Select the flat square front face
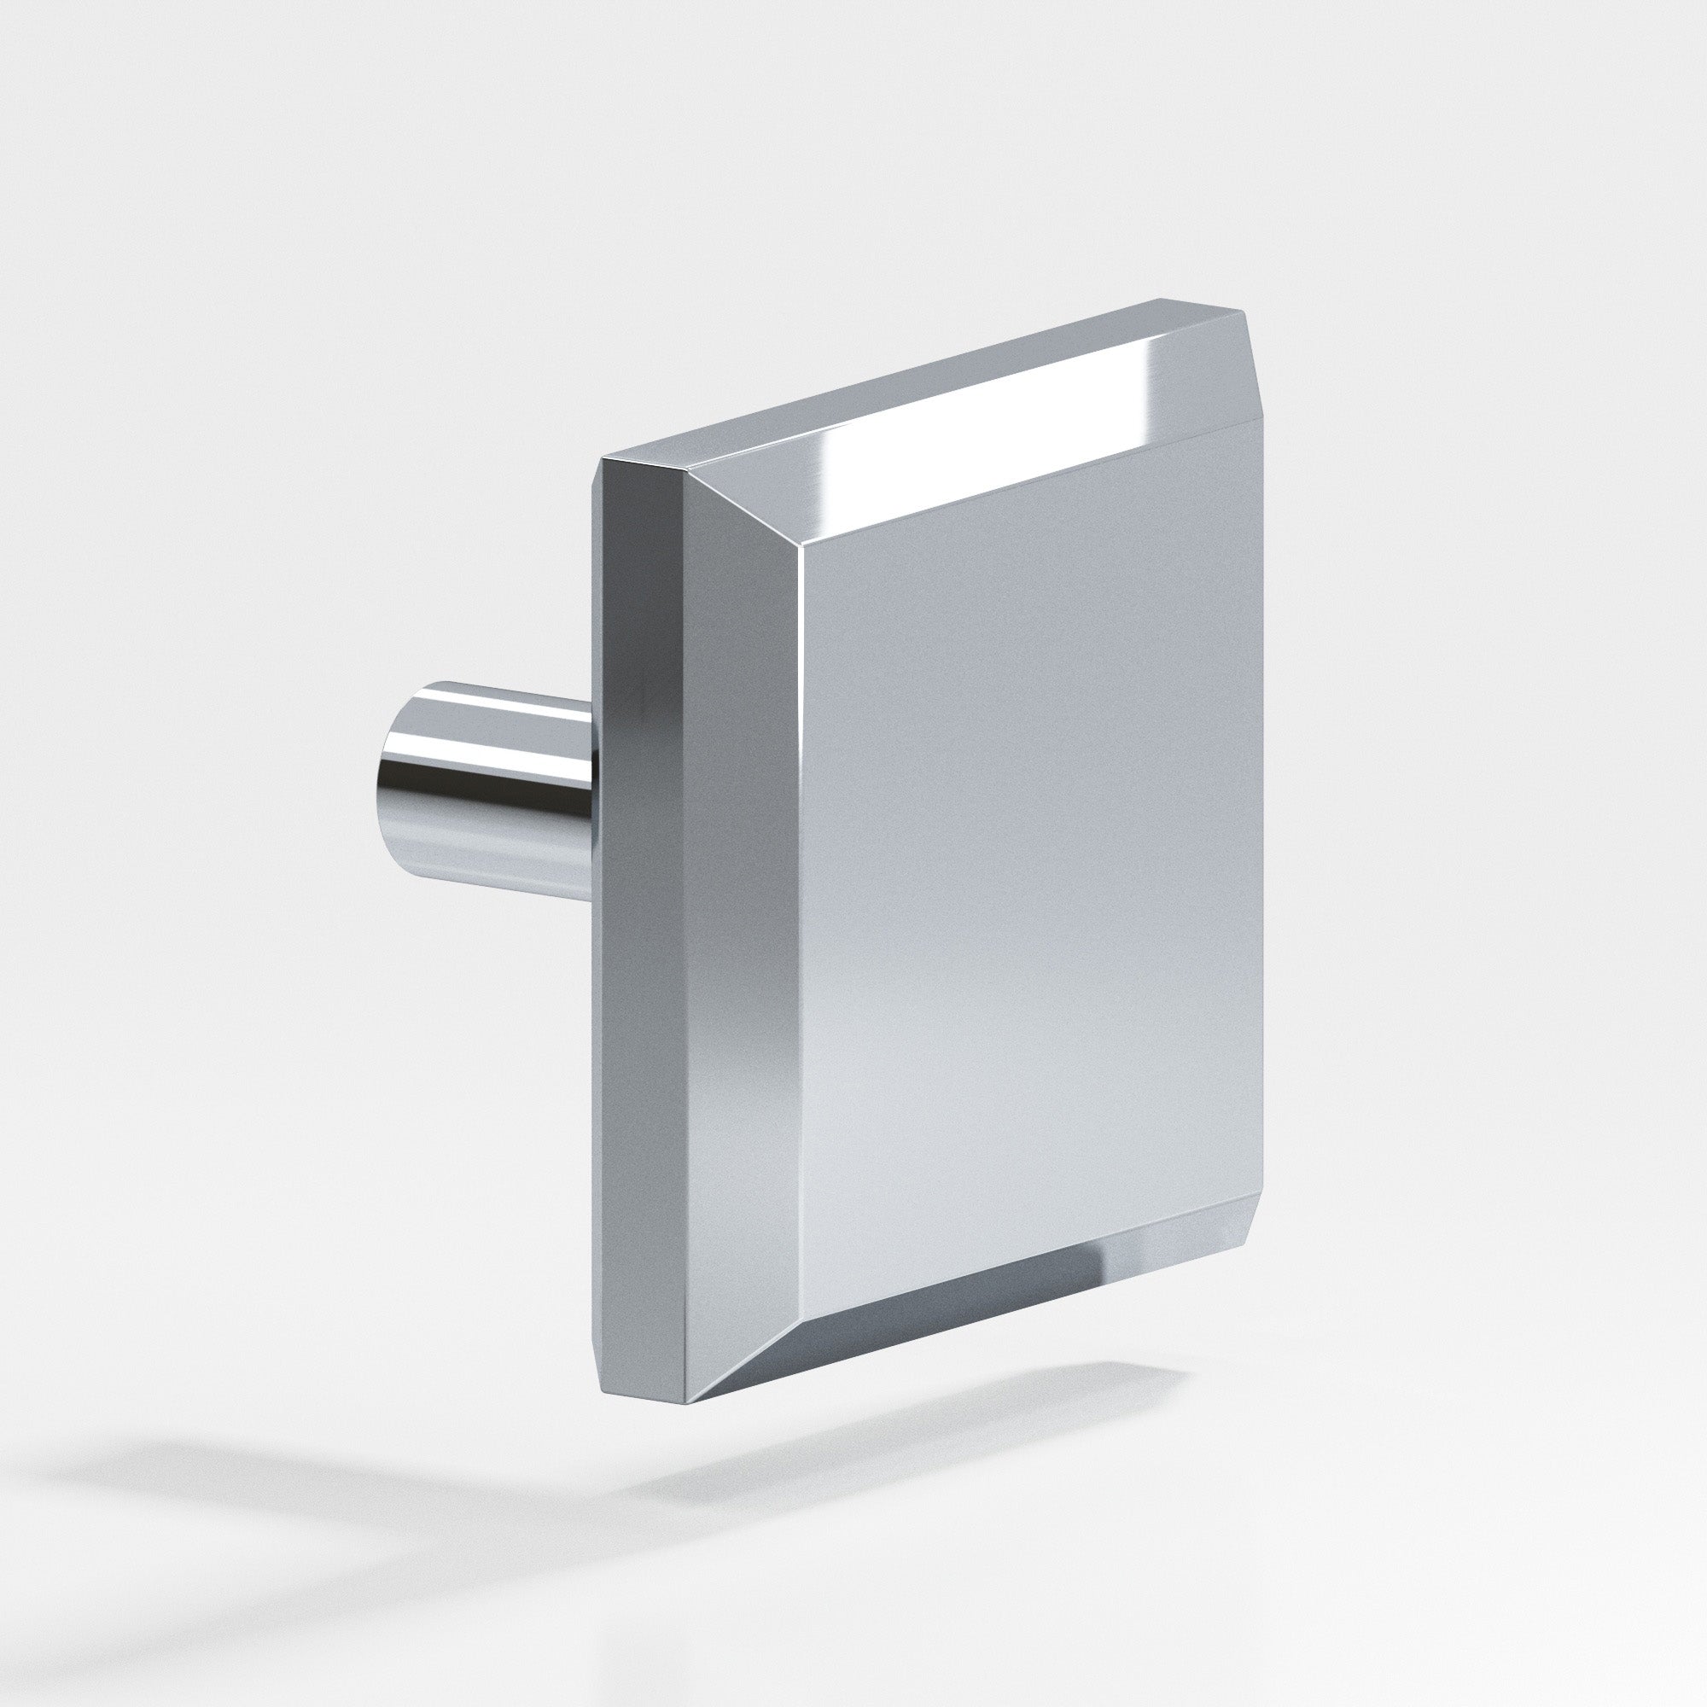[x=1025, y=848]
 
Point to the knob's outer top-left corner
[x=603, y=459]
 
